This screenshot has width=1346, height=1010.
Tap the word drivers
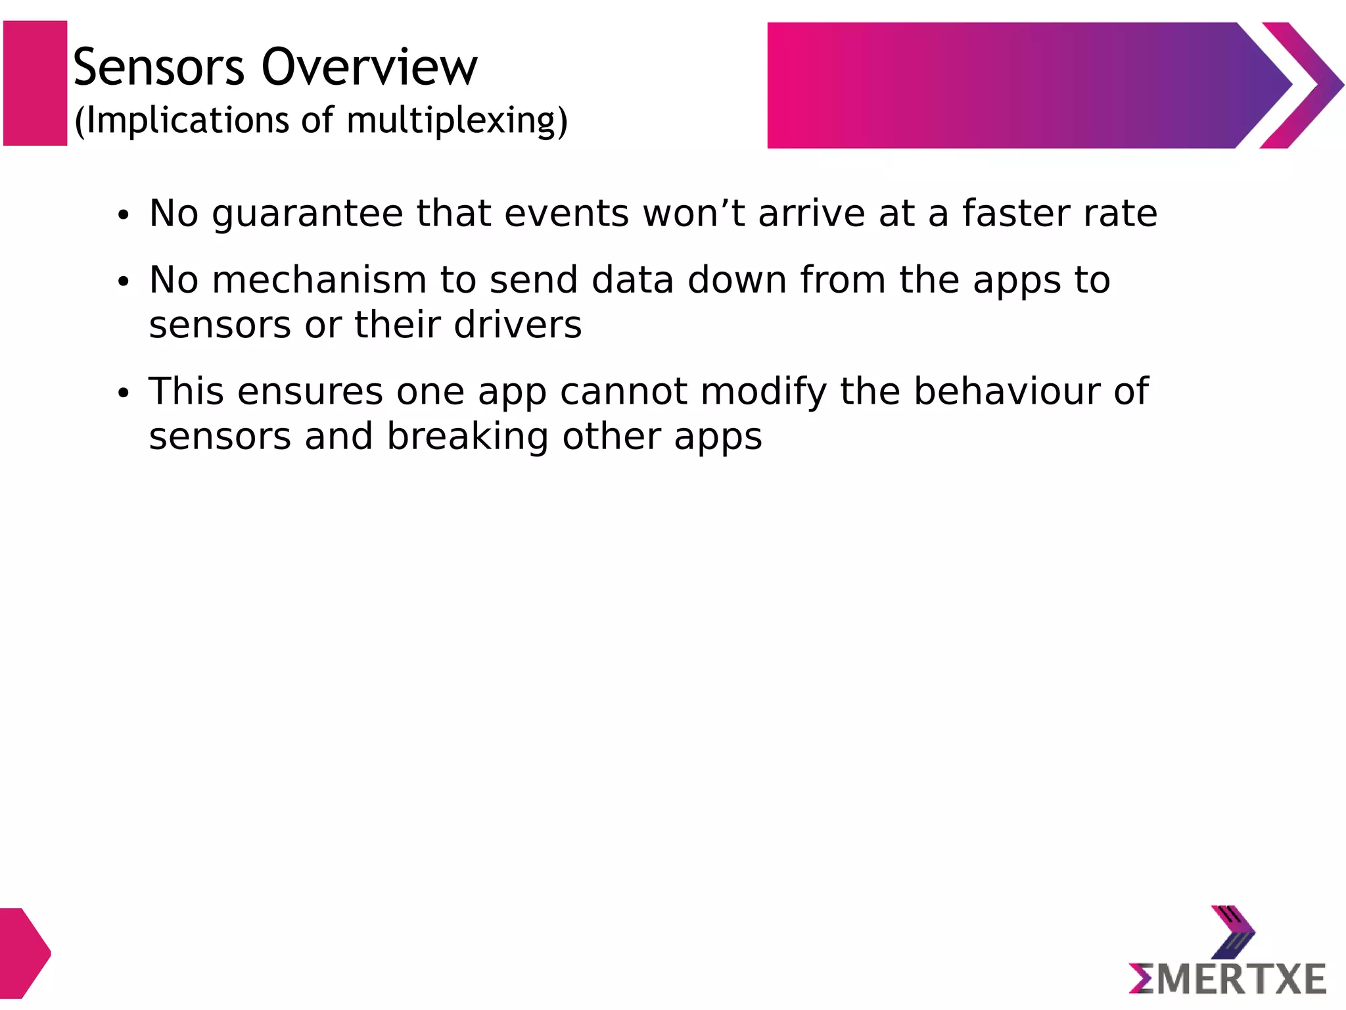coord(517,325)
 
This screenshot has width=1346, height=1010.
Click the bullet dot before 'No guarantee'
coord(123,216)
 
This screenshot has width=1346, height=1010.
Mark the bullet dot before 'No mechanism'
coord(123,282)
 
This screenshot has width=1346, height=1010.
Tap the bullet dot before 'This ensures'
coord(123,393)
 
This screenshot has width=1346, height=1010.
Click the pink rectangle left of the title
coord(35,84)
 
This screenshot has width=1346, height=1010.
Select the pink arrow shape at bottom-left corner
coord(24,953)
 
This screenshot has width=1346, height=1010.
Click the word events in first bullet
coord(567,214)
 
